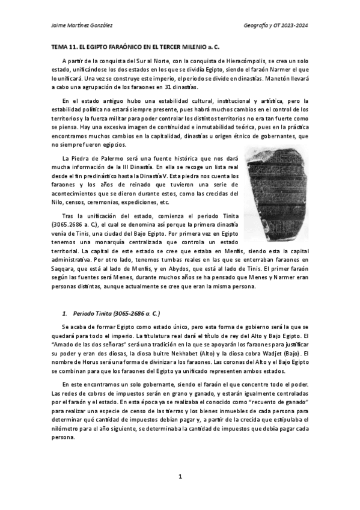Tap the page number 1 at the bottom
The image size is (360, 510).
(180, 476)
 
